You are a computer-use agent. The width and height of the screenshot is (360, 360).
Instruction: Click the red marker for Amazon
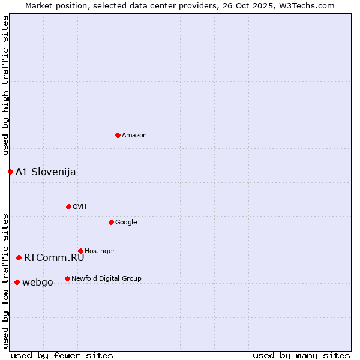coord(118,135)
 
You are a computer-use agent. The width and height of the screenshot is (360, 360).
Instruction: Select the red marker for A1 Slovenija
coord(10,172)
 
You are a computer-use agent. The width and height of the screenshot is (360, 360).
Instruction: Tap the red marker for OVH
coord(68,206)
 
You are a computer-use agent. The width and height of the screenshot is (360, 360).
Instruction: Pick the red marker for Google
coord(111,222)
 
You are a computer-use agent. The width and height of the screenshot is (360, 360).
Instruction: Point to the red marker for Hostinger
coord(80,251)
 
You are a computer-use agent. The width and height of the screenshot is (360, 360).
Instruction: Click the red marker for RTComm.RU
coord(19,257)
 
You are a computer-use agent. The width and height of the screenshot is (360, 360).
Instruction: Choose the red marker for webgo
coord(17,282)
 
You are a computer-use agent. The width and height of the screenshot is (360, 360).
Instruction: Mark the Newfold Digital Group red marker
coord(67,278)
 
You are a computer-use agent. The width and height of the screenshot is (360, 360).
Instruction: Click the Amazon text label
coord(134,135)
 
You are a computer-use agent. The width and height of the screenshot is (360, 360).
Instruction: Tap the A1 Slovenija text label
coord(46,172)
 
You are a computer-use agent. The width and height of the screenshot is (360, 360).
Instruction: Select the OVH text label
coord(79,206)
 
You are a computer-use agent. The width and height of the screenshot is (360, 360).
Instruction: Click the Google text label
coord(126,222)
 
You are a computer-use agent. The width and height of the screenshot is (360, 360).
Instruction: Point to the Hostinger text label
coord(100,251)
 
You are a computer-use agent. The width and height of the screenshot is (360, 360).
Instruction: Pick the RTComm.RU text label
coord(54,257)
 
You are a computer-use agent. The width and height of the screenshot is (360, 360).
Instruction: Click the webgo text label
coord(37,282)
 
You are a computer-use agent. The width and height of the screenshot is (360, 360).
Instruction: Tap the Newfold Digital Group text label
coord(106,278)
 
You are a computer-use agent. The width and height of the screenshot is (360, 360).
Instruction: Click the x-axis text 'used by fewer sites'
coord(62,355)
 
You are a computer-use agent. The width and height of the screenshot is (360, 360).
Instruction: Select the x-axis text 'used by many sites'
coord(301,355)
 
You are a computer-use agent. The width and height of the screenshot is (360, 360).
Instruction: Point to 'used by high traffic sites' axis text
coord(5,85)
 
